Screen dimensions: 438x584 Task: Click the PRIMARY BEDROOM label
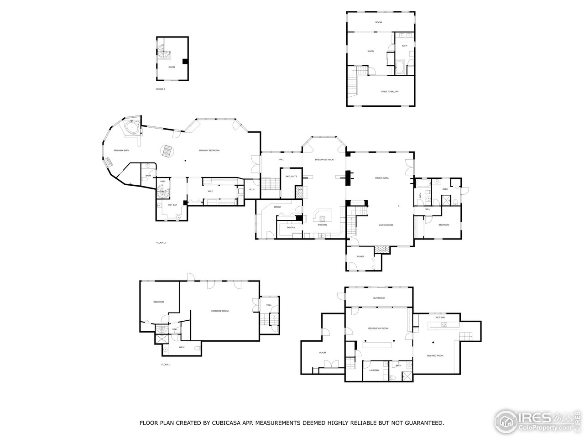(x=209, y=150)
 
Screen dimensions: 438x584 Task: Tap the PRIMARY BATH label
(x=121, y=150)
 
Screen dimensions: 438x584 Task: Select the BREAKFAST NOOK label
(x=324, y=159)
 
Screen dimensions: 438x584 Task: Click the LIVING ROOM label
(x=386, y=225)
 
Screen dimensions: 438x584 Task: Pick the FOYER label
(x=360, y=256)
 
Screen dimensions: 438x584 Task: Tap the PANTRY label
(x=291, y=227)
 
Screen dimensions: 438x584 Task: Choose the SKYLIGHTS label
(x=291, y=176)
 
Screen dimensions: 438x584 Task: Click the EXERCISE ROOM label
(x=219, y=311)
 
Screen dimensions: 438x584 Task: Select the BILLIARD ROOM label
(x=435, y=355)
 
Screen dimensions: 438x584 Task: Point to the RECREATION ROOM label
(x=378, y=328)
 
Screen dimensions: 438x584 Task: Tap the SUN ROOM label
(x=379, y=298)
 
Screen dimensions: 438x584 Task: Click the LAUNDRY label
(x=374, y=370)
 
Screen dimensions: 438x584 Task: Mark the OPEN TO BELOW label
(x=390, y=91)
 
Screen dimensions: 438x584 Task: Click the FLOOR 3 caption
(x=161, y=89)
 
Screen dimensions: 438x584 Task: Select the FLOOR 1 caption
(x=166, y=365)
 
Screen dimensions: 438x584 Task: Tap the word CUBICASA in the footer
(x=226, y=423)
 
